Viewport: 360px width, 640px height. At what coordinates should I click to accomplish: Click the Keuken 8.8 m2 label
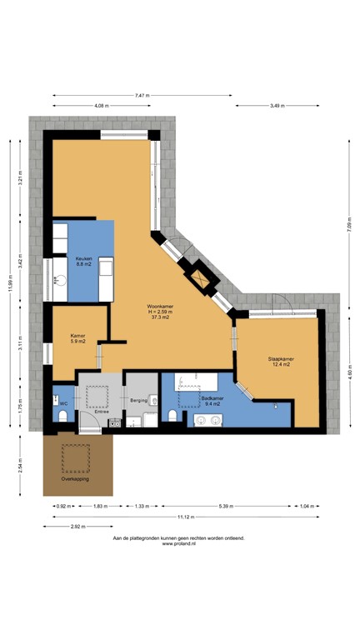pyautogui.click(x=83, y=261)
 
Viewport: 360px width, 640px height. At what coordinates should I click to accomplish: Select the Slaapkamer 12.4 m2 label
pyautogui.click(x=280, y=362)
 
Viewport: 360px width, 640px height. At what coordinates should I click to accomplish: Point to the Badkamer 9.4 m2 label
pyautogui.click(x=214, y=402)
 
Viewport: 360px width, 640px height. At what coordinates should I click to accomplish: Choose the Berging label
pyautogui.click(x=139, y=401)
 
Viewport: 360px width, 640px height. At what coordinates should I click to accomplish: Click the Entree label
pyautogui.click(x=102, y=411)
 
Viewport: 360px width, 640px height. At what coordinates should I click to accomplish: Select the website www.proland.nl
pyautogui.click(x=179, y=544)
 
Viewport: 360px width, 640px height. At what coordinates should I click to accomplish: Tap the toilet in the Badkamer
pyautogui.click(x=172, y=414)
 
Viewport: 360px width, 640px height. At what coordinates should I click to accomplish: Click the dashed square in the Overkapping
pyautogui.click(x=78, y=457)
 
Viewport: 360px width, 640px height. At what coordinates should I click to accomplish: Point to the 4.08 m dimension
pyautogui.click(x=102, y=106)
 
